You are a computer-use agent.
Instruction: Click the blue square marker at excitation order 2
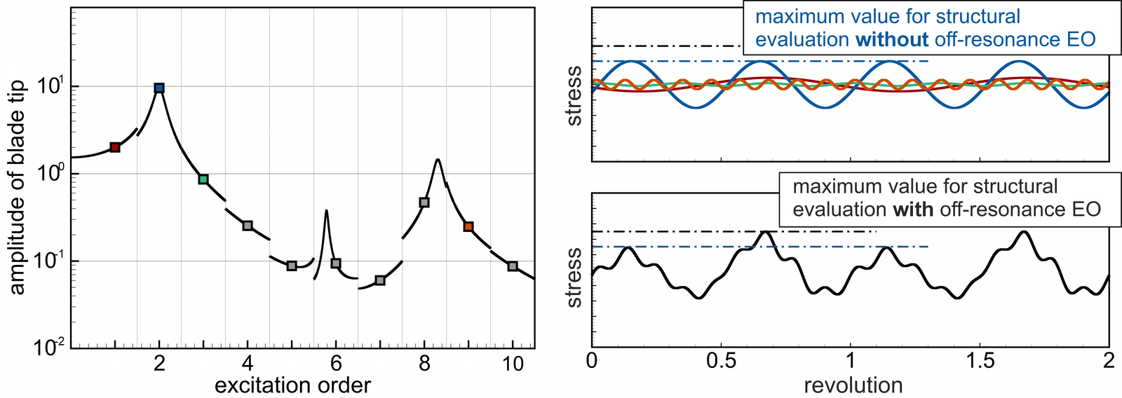click(159, 88)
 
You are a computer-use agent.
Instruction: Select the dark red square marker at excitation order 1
click(115, 147)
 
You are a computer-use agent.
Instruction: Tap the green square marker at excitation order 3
click(203, 179)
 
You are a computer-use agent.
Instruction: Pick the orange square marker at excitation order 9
click(468, 226)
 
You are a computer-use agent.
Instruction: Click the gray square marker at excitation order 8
click(424, 203)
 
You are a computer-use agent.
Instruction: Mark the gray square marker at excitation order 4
click(248, 226)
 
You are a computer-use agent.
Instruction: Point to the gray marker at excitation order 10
click(513, 266)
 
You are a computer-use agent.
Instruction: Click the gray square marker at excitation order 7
click(380, 280)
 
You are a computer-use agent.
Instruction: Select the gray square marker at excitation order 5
click(292, 266)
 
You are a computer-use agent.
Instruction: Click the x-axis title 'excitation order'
click(292, 385)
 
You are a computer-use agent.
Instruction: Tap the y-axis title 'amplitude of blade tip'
click(17, 187)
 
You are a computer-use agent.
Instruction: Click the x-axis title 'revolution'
click(853, 385)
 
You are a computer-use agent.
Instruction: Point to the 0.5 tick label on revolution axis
click(722, 362)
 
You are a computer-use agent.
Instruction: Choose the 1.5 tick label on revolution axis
click(980, 362)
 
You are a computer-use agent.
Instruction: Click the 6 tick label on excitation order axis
click(336, 364)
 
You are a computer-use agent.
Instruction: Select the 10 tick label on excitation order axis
click(513, 364)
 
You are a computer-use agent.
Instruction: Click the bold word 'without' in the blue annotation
click(892, 40)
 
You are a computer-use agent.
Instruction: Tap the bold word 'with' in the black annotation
click(913, 210)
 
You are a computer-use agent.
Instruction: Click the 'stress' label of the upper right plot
click(574, 96)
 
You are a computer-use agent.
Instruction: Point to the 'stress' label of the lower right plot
click(574, 277)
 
